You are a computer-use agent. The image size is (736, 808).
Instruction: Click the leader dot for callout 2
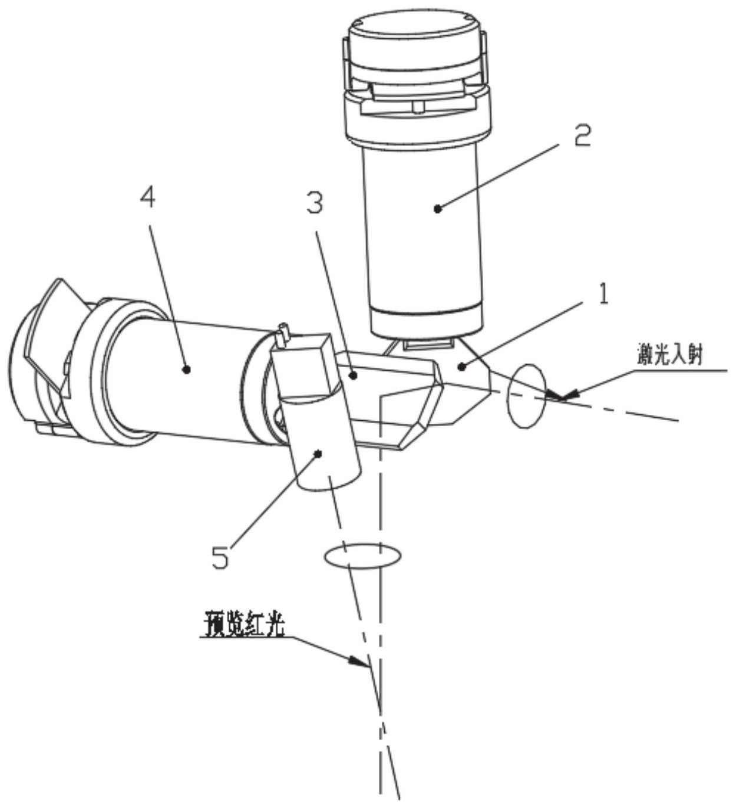click(x=438, y=208)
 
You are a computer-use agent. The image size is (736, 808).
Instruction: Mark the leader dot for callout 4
click(x=186, y=370)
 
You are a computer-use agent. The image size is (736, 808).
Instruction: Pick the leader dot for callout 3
click(x=354, y=376)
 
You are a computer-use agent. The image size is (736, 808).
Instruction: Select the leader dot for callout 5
click(x=318, y=454)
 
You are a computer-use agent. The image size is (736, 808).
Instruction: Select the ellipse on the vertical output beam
click(x=362, y=557)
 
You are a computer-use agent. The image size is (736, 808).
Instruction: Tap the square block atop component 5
click(x=304, y=365)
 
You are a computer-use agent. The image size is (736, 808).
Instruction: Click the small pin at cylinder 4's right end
click(x=283, y=334)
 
